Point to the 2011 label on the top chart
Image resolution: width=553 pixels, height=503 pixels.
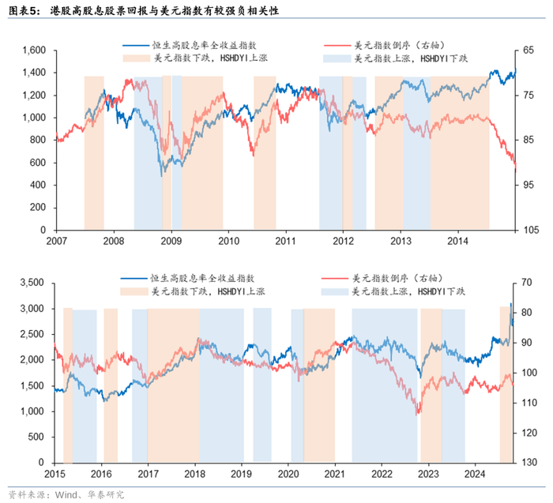coord(285,241)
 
